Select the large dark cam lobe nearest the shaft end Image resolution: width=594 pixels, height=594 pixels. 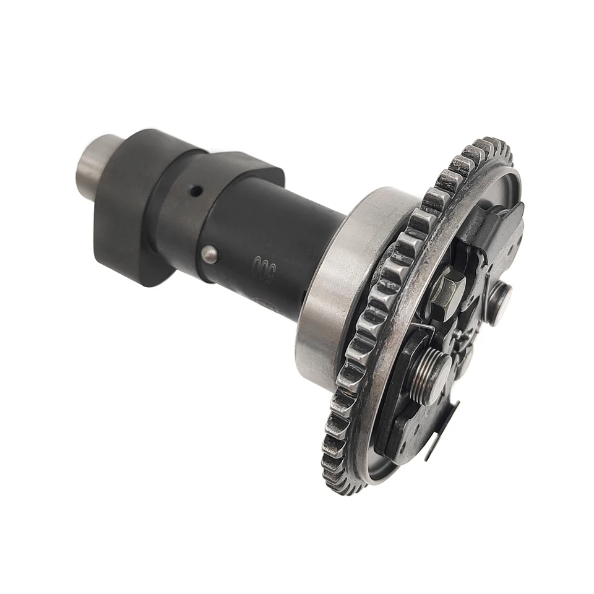[x=127, y=204]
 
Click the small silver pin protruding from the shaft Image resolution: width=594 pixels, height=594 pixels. [x=210, y=254]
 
